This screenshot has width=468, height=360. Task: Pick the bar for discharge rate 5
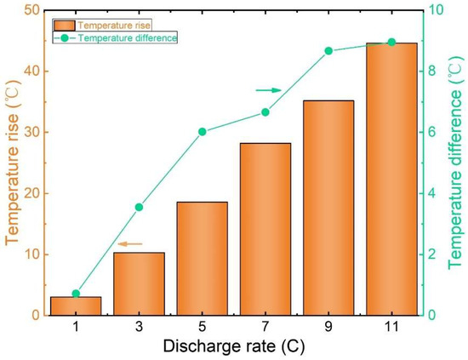click(203, 259)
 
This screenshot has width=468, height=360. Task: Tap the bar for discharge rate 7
click(265, 229)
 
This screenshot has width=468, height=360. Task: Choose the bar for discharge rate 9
click(328, 208)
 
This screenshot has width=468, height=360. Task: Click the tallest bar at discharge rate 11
click(391, 179)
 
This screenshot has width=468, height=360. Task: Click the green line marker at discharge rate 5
click(203, 132)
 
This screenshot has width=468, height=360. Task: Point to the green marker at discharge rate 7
click(265, 112)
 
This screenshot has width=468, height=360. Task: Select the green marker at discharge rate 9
click(328, 51)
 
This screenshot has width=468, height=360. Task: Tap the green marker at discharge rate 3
click(140, 207)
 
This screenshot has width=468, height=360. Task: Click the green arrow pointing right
click(268, 89)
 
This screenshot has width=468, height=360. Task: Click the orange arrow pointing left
click(129, 244)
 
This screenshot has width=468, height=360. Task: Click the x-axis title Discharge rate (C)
click(234, 346)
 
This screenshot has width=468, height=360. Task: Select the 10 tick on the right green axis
click(433, 10)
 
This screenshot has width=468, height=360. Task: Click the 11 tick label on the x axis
click(391, 327)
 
